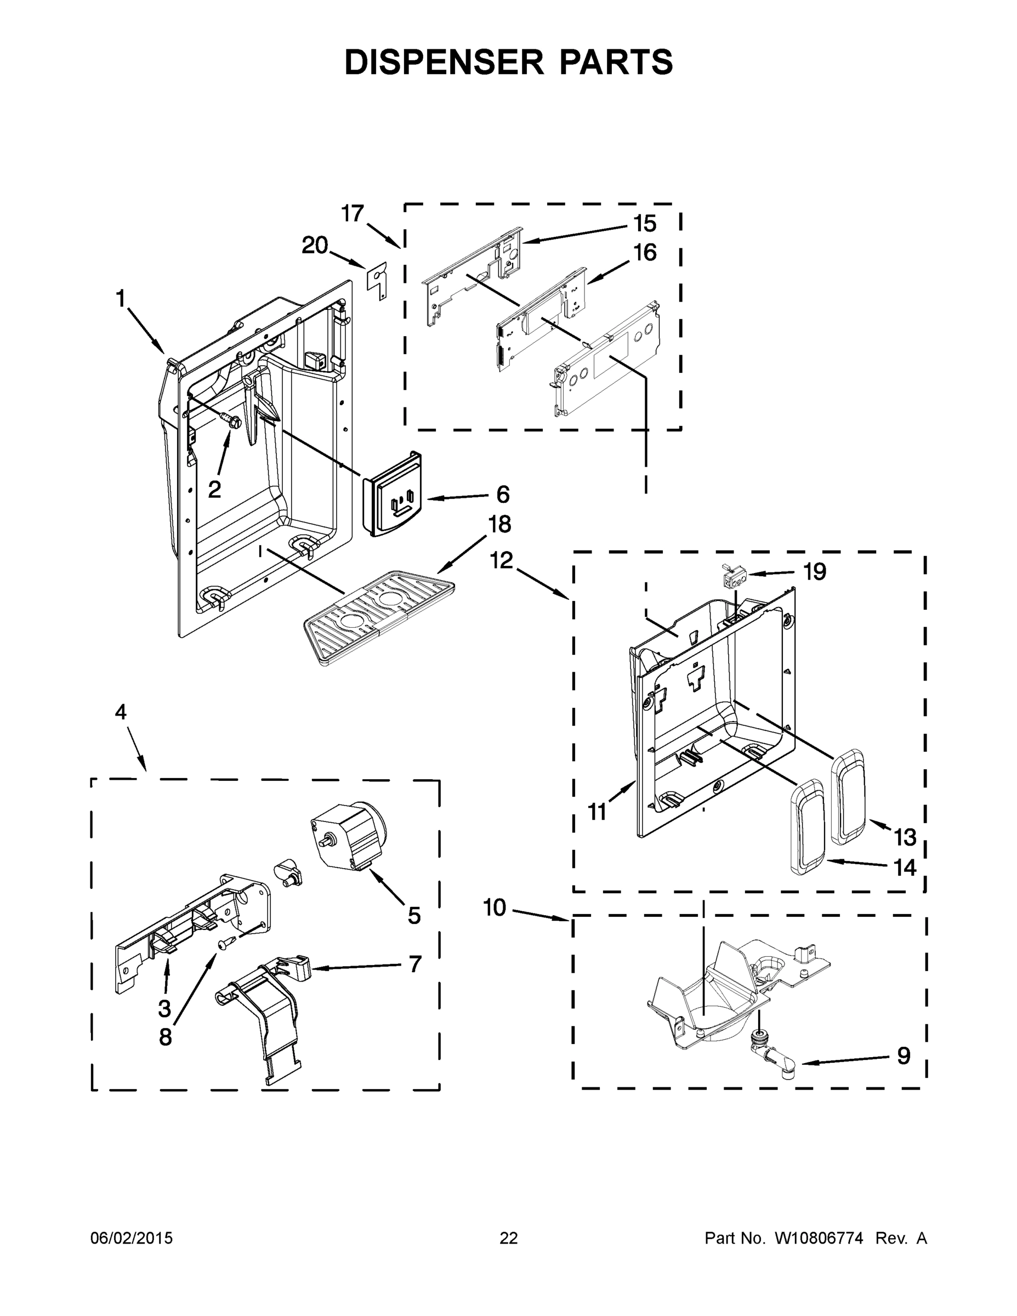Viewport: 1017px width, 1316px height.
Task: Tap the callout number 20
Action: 315,245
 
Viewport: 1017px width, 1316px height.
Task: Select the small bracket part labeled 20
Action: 377,280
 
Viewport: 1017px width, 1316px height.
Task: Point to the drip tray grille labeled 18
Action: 378,616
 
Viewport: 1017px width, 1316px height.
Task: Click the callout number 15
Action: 645,224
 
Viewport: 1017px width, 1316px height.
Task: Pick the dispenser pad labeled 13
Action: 849,794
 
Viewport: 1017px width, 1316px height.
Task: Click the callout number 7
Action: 415,964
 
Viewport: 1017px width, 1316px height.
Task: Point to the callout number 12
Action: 501,560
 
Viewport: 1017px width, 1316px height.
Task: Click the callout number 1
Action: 121,298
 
